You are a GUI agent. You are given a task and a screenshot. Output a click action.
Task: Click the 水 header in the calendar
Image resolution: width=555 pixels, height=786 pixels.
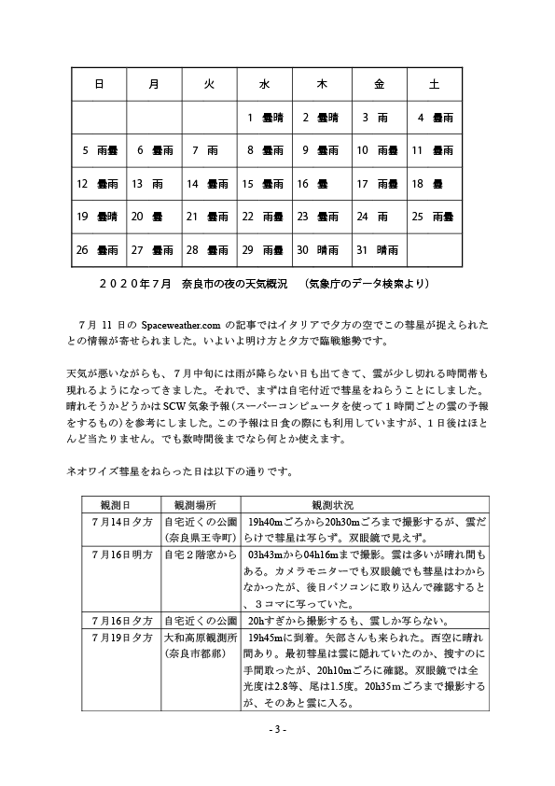265,84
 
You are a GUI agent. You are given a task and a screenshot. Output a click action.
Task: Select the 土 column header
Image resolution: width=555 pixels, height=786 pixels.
434,84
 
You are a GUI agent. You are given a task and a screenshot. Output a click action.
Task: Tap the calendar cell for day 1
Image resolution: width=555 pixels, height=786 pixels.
265,118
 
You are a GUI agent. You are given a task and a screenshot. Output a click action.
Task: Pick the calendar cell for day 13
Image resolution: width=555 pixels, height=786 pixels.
153,184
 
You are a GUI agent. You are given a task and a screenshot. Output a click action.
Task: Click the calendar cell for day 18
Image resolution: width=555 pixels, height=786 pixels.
434,184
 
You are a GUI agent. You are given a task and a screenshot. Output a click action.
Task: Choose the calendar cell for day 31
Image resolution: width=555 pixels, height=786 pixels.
377,249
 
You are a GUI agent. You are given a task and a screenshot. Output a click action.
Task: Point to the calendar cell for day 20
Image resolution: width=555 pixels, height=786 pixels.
153,217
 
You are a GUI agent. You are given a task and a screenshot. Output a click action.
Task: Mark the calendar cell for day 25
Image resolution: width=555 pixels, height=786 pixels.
434,217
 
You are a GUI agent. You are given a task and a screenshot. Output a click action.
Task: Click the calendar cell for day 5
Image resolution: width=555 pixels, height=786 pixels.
98,150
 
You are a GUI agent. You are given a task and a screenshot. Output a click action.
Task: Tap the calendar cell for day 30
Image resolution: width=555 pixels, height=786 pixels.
321,249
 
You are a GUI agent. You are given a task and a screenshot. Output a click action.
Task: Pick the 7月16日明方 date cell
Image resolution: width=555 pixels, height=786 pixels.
119,553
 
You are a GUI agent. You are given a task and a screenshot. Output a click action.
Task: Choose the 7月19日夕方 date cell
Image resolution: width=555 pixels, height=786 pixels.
119,637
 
